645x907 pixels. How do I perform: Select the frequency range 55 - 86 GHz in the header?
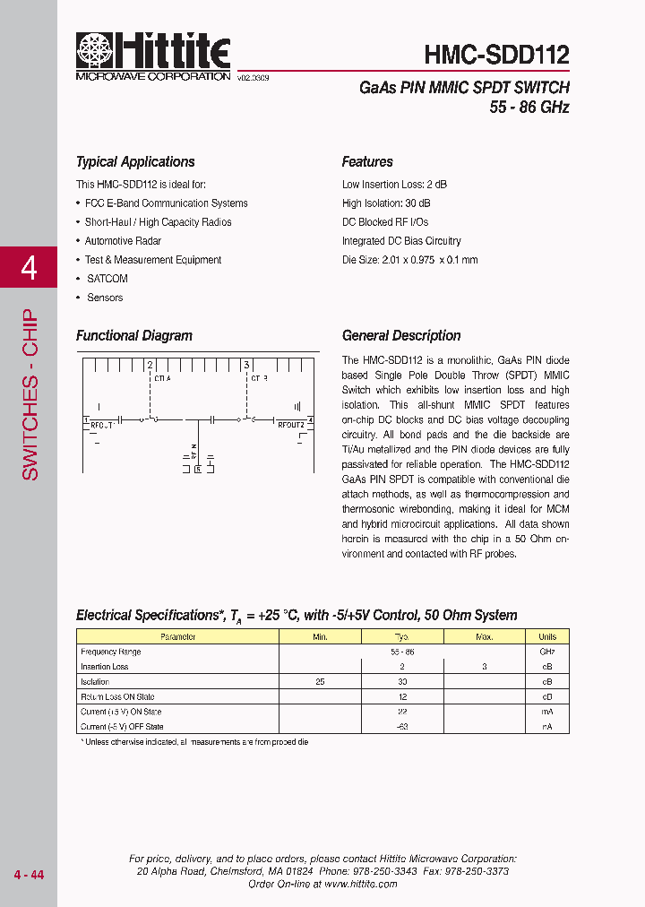(529, 108)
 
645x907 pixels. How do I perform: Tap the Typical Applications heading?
(135, 162)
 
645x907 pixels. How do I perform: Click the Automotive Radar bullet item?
(123, 241)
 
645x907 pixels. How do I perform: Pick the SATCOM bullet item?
(107, 279)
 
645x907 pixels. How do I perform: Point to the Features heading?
(367, 162)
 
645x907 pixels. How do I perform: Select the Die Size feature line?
(409, 260)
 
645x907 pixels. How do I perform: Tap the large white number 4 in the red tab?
(29, 268)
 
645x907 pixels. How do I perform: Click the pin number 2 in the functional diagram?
(150, 365)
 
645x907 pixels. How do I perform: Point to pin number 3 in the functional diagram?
(246, 365)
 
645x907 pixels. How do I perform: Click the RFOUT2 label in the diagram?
(291, 424)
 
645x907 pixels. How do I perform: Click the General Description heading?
(401, 336)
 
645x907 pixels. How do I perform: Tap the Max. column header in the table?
(485, 637)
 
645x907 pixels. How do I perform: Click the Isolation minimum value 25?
(320, 682)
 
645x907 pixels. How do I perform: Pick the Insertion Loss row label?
(105, 667)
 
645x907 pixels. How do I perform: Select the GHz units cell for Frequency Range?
(547, 652)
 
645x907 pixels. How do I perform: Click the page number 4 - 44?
(29, 875)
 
